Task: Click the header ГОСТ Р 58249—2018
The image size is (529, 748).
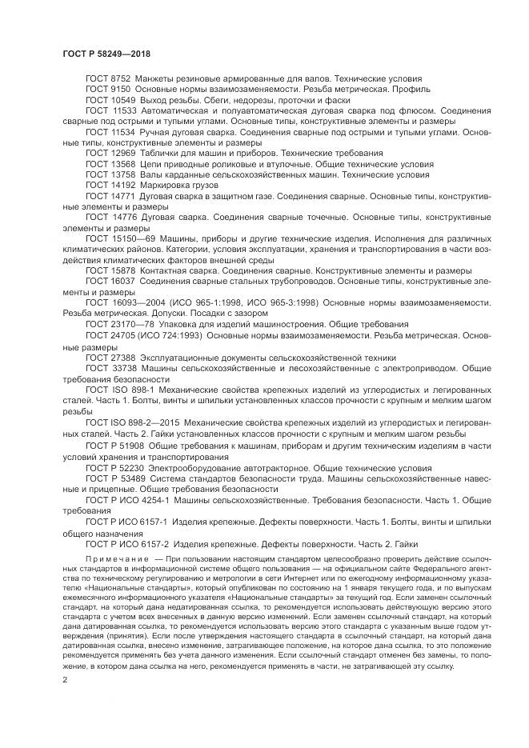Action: tap(106, 54)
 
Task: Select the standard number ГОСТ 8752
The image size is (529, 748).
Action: tap(108, 78)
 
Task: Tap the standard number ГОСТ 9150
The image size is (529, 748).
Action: tap(108, 89)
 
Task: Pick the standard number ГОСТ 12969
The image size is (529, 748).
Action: tap(110, 152)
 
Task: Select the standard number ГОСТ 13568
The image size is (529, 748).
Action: tap(110, 163)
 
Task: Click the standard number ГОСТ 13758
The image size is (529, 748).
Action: tap(110, 174)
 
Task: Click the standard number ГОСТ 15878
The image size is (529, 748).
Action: tap(110, 270)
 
